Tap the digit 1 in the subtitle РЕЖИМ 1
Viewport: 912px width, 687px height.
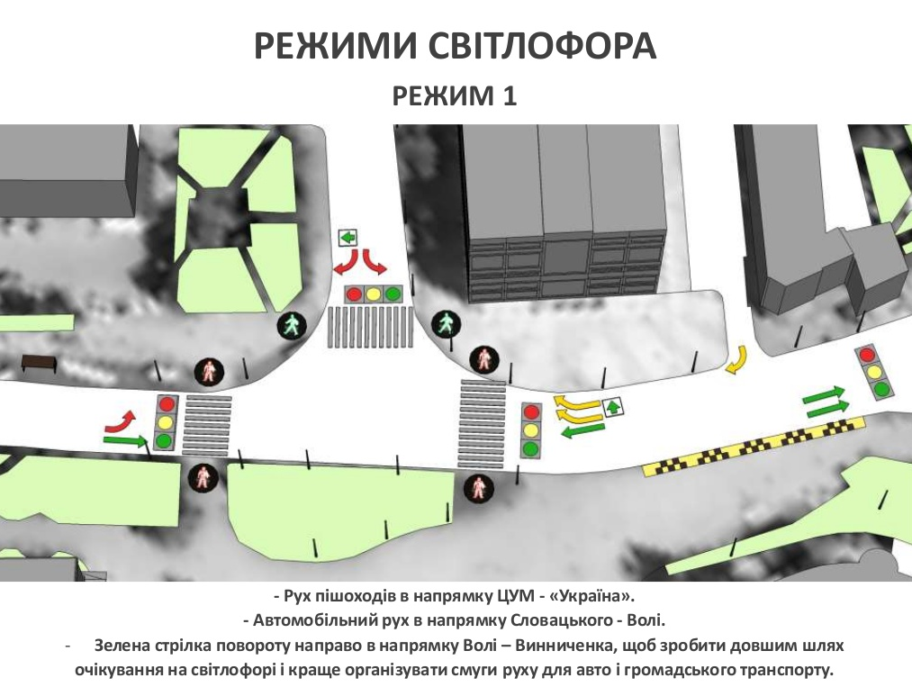click(510, 96)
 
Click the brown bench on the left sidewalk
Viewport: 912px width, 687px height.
click(39, 364)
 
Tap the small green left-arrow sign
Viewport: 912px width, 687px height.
click(348, 238)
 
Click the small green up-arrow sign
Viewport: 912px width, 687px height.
click(613, 407)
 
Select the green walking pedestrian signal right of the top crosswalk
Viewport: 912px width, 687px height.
click(447, 325)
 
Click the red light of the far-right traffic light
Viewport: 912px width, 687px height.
click(867, 354)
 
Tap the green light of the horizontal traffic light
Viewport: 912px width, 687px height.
click(393, 294)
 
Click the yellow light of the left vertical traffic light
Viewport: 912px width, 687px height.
click(166, 422)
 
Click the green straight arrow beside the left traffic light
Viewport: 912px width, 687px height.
click(126, 441)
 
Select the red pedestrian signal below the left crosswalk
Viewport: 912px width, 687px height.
click(203, 478)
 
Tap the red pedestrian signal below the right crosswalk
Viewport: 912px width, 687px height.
click(479, 487)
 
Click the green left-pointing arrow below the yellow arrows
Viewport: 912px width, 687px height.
click(582, 431)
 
